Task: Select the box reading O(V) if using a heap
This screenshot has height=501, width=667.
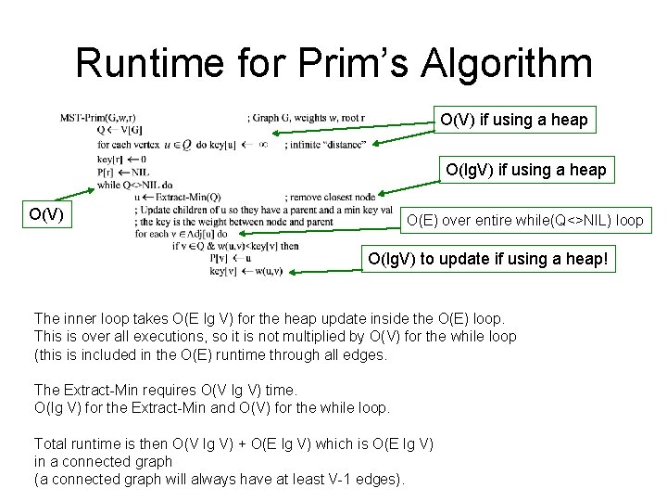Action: [x=513, y=120]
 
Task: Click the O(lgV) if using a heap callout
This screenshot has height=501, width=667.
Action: [x=525, y=170]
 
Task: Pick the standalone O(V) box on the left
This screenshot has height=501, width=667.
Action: [x=46, y=215]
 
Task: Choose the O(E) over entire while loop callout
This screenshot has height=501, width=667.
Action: [x=525, y=221]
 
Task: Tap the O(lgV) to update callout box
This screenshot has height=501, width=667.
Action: [x=488, y=259]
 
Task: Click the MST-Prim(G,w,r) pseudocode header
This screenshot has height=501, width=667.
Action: [x=98, y=118]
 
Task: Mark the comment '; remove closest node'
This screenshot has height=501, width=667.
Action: [x=331, y=197]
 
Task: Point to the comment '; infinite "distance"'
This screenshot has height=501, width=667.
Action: [x=325, y=145]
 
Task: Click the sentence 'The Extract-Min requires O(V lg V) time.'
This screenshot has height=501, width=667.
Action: [x=165, y=390]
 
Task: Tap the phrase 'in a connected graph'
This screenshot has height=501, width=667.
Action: [x=103, y=461]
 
